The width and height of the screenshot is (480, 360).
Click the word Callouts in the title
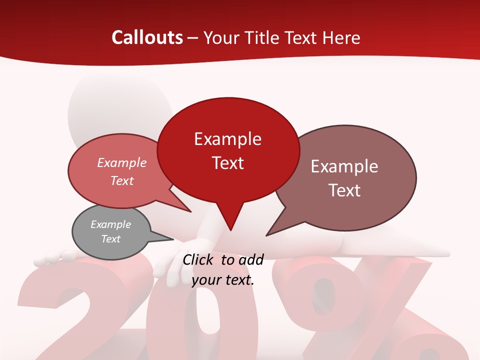point(147,37)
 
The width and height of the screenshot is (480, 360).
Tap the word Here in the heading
point(341,37)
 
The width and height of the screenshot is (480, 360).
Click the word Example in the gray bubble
point(110,224)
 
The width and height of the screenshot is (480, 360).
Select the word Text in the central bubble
point(228,163)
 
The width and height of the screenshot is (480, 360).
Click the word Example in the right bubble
point(344,166)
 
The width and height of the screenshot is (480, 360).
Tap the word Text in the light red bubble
point(122,180)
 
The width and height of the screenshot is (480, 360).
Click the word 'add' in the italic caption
point(250,259)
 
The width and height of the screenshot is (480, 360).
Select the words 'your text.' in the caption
point(223,279)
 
